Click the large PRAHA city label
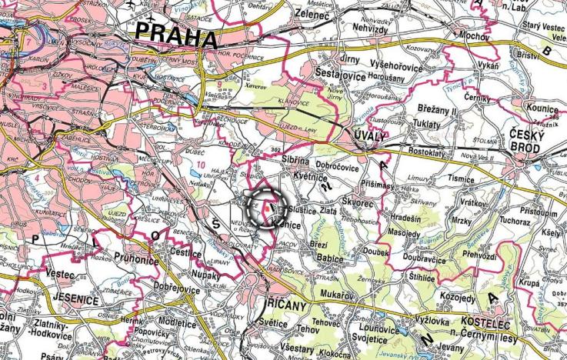[176, 33]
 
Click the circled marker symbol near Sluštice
[265, 208]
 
